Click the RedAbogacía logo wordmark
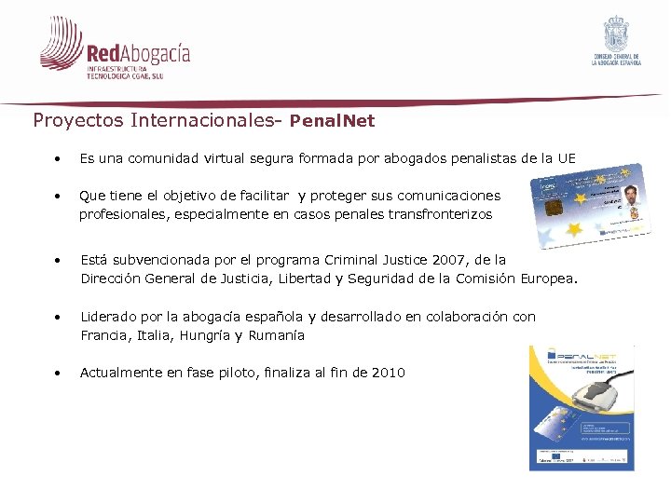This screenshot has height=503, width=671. (x=137, y=53)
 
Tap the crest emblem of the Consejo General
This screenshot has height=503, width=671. (x=617, y=34)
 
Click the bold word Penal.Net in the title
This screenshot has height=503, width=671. (x=332, y=120)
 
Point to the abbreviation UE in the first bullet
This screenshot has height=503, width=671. (x=567, y=158)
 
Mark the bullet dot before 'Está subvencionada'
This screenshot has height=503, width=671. (x=58, y=260)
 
